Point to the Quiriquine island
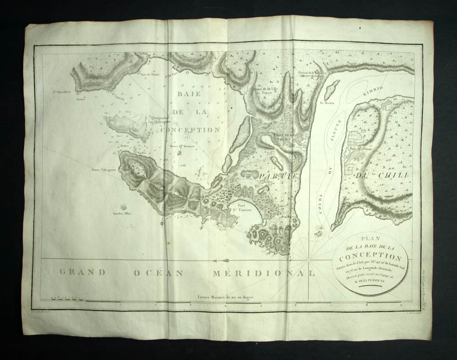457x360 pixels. [x=128, y=126]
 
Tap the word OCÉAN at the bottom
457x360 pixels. [x=159, y=273]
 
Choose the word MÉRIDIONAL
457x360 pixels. [x=264, y=273]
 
